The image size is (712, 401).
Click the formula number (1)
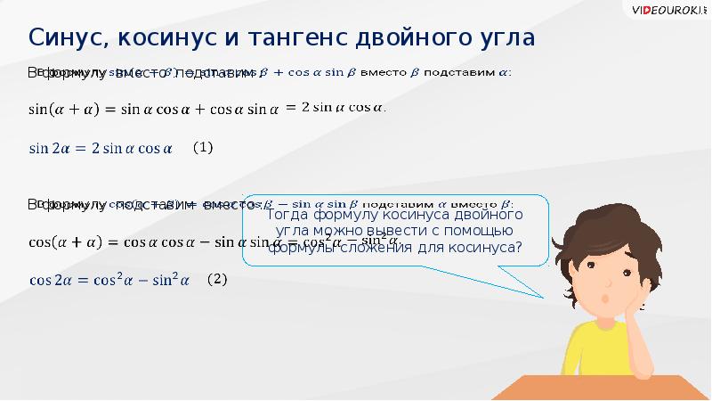point(203,149)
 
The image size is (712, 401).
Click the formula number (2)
point(218,279)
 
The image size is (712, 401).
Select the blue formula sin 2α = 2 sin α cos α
point(100,149)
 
